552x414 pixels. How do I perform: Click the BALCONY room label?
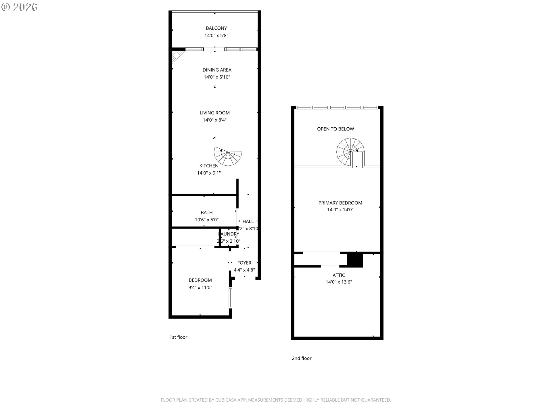tap(216, 28)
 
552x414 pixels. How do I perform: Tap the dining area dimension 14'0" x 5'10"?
tap(217, 77)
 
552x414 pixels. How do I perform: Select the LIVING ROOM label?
tap(214, 113)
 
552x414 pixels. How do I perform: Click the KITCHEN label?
tap(209, 166)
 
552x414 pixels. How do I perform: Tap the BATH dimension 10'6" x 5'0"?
tap(206, 220)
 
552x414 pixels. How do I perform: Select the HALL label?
tap(248, 221)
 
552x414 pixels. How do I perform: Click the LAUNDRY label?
tap(229, 234)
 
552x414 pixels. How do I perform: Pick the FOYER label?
tap(244, 263)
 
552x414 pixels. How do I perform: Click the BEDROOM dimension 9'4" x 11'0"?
tap(200, 287)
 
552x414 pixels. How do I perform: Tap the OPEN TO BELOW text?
tap(336, 129)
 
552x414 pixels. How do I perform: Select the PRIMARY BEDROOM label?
tap(340, 203)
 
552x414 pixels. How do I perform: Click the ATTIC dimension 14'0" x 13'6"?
tap(339, 282)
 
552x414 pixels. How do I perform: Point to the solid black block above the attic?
tap(355, 260)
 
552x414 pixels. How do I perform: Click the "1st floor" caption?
tap(178, 337)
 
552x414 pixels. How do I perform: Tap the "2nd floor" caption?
tap(302, 358)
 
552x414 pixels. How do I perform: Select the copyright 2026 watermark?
tap(20, 7)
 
